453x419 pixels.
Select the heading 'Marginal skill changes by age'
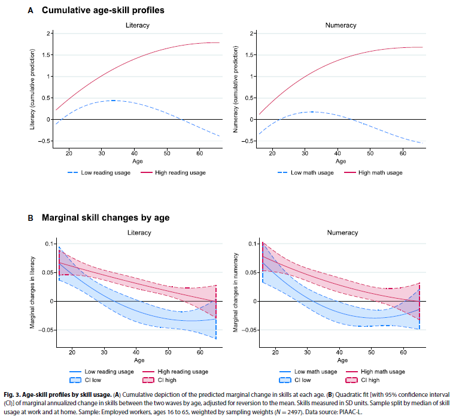coord(105,218)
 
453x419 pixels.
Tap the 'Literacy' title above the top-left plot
coord(138,26)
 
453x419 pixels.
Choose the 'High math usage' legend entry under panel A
coord(380,173)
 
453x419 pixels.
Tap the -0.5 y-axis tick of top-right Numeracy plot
coord(245,141)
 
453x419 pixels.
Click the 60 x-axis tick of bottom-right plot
coord(404,353)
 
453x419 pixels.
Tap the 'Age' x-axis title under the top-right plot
coord(340,162)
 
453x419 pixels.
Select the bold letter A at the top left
coord(31,10)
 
